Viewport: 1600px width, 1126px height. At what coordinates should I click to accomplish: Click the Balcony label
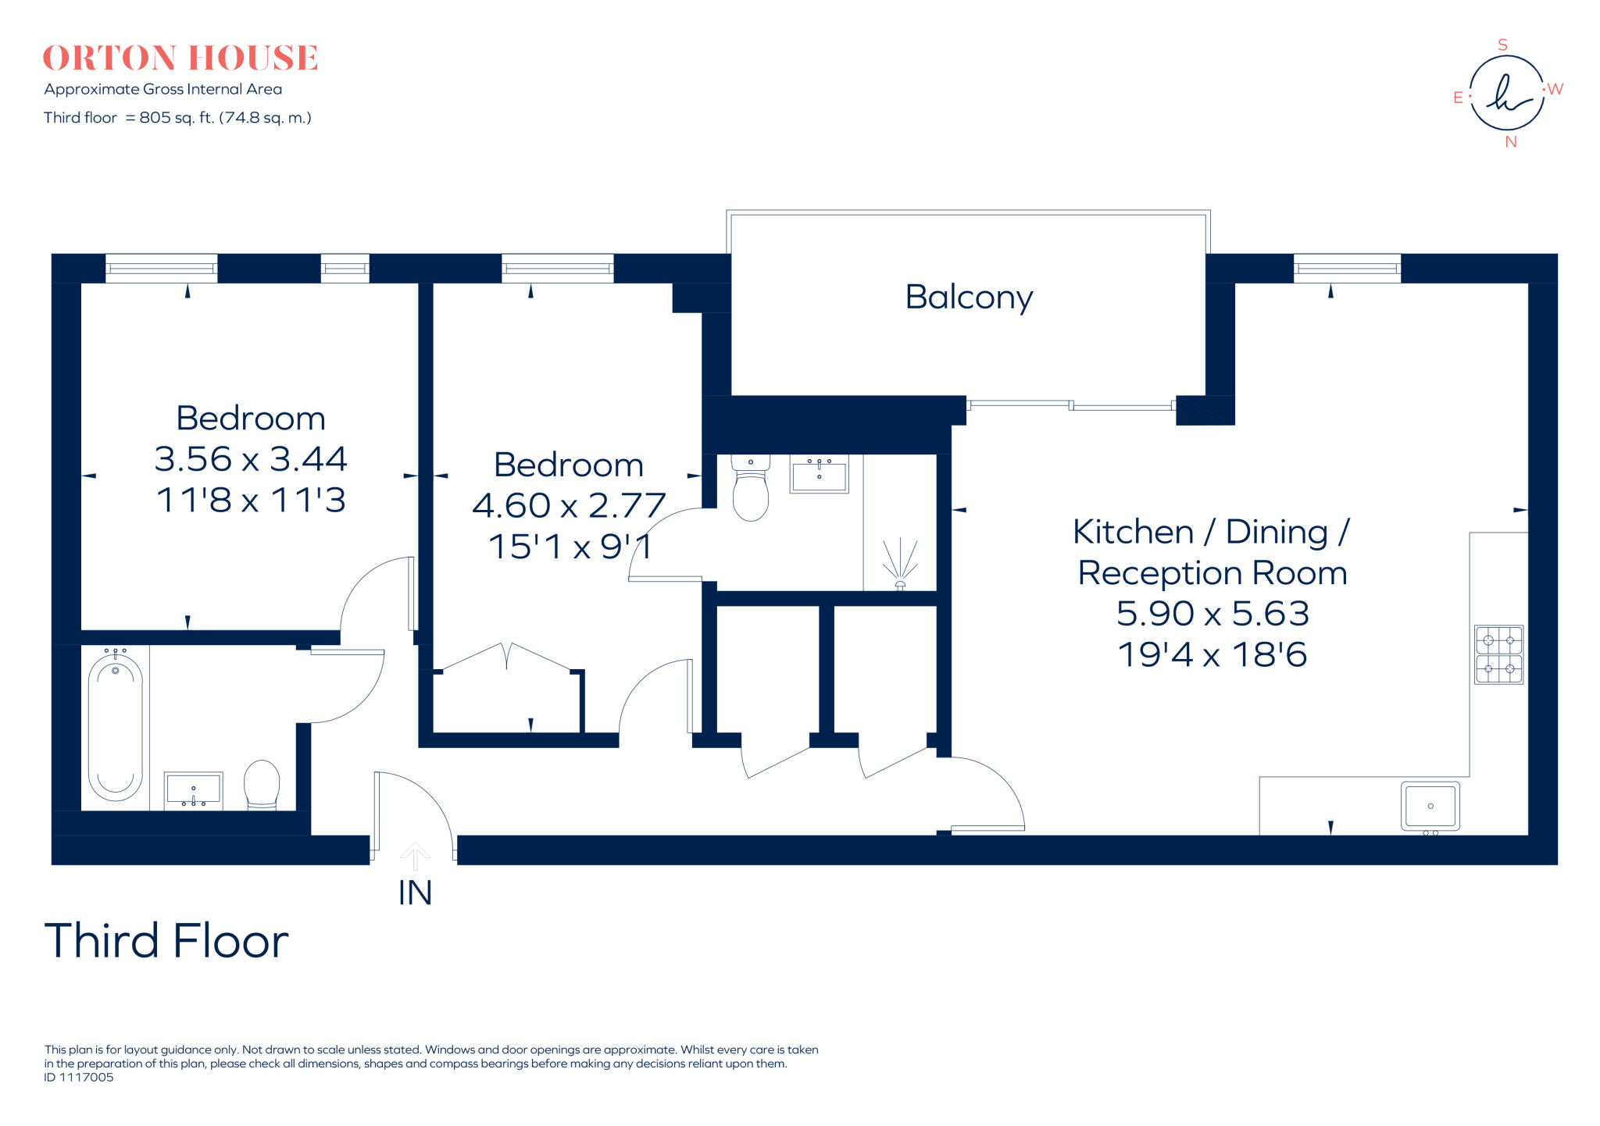click(x=969, y=298)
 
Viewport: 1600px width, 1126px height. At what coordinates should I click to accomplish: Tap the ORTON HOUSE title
click(x=180, y=59)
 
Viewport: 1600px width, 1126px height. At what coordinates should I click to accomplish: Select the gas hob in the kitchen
click(x=1498, y=654)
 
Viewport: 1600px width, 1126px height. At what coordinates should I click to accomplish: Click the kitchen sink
click(x=1430, y=806)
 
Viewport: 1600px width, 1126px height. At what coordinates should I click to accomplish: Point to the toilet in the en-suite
click(x=751, y=491)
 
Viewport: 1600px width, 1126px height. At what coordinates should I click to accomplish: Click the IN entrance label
click(x=415, y=893)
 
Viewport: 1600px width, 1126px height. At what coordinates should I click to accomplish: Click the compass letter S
click(x=1502, y=45)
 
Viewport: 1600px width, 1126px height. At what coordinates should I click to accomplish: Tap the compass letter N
click(x=1511, y=142)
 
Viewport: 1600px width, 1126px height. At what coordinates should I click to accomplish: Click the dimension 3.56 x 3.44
click(x=250, y=459)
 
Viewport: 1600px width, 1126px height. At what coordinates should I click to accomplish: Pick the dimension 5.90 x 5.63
click(x=1212, y=614)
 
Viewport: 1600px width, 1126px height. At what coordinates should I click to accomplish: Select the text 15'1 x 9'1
click(x=570, y=547)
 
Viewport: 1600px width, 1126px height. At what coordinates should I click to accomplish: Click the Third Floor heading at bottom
click(x=166, y=941)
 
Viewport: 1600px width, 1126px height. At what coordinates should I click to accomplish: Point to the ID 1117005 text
click(x=79, y=1078)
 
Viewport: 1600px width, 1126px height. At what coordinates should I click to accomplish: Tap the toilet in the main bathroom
click(x=262, y=784)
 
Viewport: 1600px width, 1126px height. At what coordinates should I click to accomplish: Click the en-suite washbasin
click(x=819, y=475)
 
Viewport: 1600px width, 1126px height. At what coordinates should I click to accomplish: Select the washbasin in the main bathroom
click(x=193, y=790)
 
